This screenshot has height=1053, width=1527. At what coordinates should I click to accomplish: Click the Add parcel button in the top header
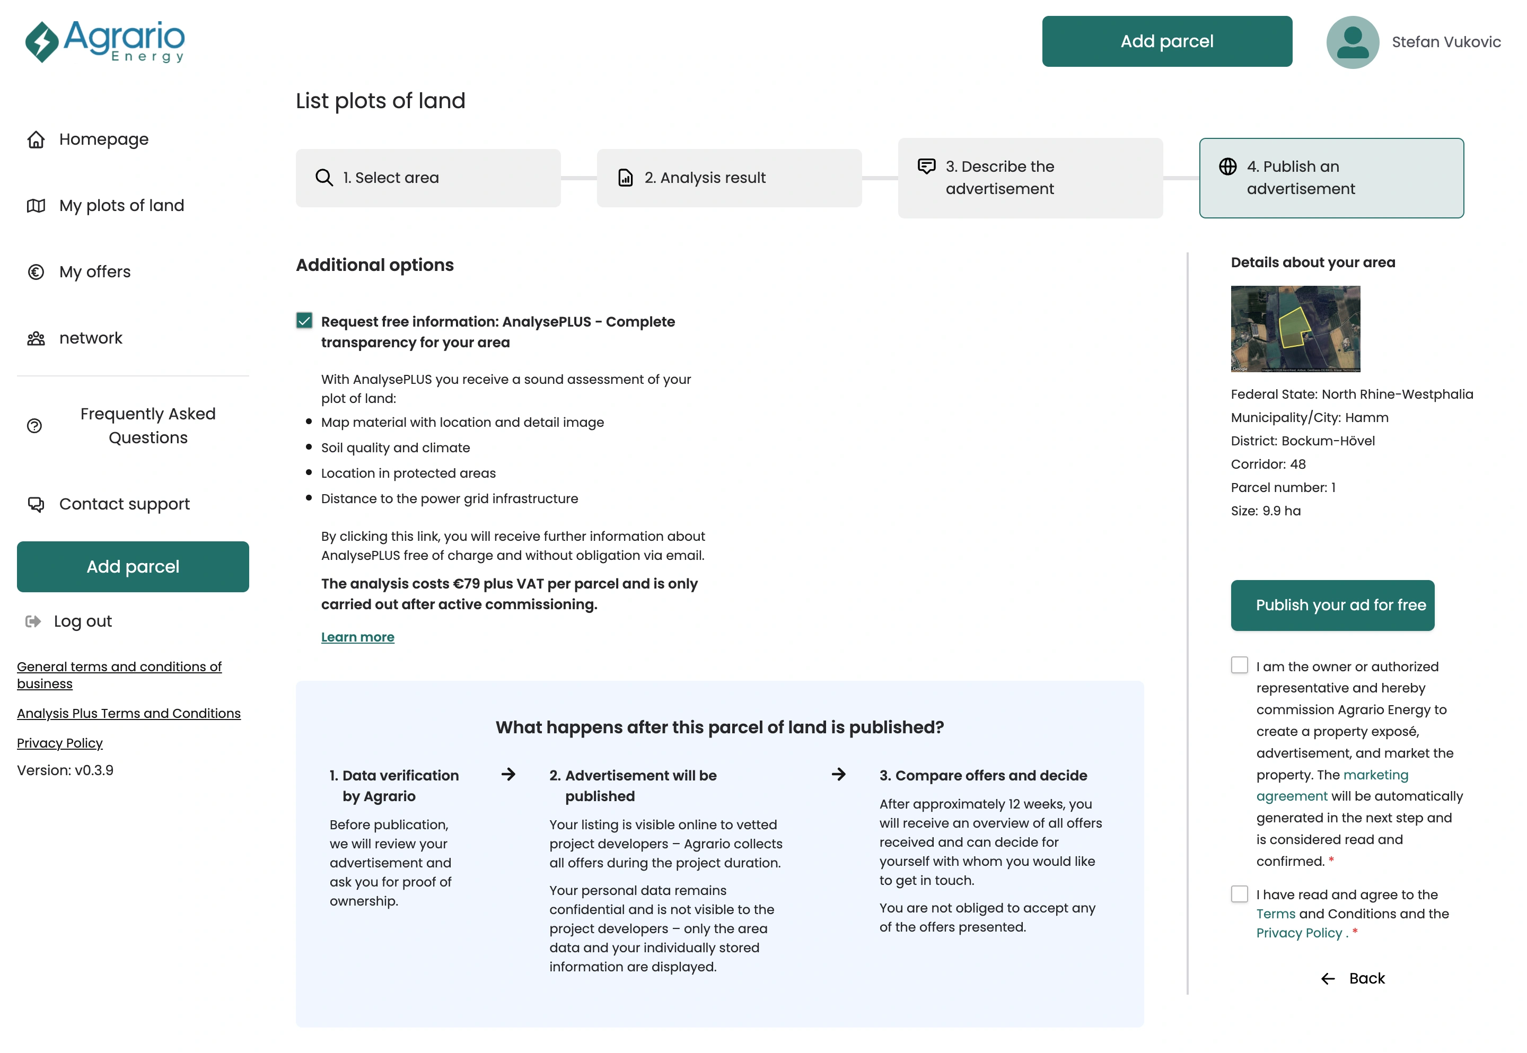click(x=1166, y=41)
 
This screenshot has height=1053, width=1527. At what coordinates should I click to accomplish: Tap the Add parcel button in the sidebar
click(x=133, y=567)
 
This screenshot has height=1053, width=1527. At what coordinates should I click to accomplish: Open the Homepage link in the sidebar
click(x=103, y=139)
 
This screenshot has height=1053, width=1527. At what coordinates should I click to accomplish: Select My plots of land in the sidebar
click(x=121, y=206)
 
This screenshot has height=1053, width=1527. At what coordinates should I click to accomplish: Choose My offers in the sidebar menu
click(x=94, y=272)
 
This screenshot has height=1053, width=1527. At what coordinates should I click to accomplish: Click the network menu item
click(x=90, y=338)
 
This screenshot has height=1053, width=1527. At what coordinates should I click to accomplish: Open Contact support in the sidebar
click(x=124, y=504)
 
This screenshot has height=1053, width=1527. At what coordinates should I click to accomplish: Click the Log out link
click(x=83, y=621)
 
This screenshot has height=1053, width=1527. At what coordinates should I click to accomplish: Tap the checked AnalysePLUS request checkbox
click(x=304, y=321)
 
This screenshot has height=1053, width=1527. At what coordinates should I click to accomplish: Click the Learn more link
click(x=357, y=637)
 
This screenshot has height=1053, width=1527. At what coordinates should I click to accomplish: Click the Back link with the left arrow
click(x=1353, y=978)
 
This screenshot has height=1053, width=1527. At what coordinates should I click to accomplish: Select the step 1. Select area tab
click(x=428, y=178)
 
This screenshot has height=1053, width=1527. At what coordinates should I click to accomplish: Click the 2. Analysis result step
click(x=729, y=178)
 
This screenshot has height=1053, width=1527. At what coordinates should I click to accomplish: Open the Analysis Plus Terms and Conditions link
click(x=129, y=714)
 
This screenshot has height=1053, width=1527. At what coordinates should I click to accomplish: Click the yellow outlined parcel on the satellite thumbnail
click(x=1293, y=327)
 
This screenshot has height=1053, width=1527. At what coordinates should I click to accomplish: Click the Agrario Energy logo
click(x=106, y=41)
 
